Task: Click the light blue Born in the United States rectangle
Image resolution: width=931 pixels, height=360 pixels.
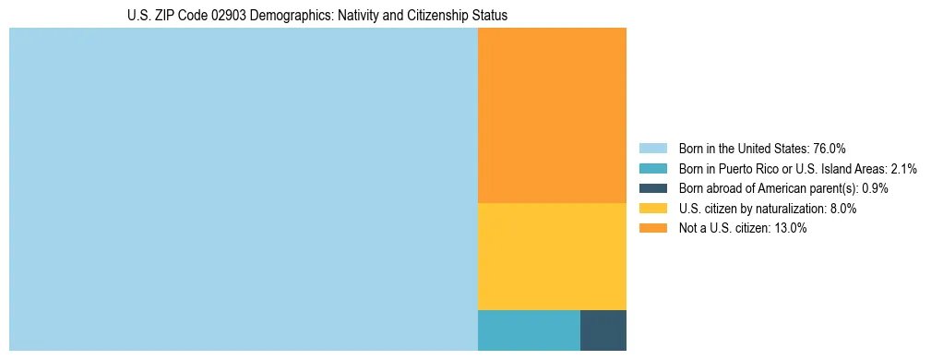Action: [243, 189]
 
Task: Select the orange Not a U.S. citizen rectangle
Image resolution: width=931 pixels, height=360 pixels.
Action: [552, 115]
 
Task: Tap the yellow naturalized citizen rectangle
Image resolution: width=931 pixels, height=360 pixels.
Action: [552, 256]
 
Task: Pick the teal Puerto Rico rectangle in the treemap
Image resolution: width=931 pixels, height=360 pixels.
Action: [529, 330]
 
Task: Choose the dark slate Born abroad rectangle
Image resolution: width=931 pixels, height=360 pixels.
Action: [603, 330]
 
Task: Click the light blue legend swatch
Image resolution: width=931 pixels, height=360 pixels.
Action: [652, 149]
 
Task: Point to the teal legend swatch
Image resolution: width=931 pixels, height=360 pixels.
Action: [652, 169]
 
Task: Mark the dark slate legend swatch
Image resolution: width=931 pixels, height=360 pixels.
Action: [652, 188]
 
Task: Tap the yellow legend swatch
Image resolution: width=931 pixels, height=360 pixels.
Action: [652, 209]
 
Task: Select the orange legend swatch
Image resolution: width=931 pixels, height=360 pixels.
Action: [652, 229]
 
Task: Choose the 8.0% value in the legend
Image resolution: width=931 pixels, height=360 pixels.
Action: [841, 209]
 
